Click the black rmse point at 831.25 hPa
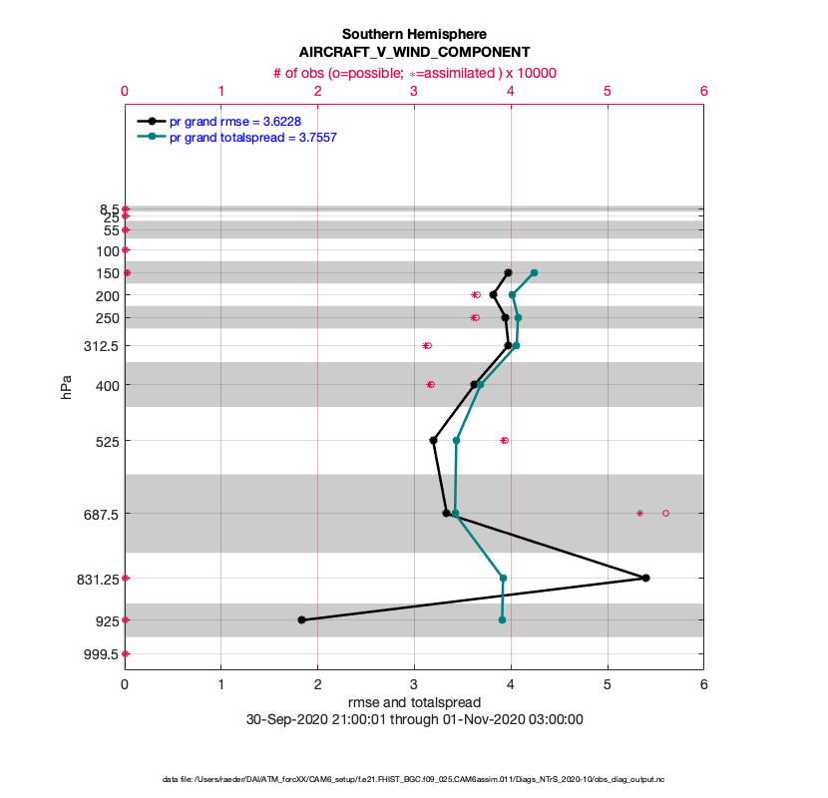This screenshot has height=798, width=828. pos(646,578)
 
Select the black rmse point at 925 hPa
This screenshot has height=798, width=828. pos(301,619)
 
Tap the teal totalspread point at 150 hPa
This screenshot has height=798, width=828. pos(535,272)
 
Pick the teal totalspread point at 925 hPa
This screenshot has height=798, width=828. pos(502,619)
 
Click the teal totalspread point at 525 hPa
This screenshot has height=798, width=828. pos(456,440)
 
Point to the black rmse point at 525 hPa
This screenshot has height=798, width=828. pos(433,440)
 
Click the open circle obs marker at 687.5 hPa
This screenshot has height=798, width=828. pos(665,513)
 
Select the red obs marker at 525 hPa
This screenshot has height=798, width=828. pos(504,440)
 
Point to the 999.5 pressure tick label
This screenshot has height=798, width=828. pos(102,654)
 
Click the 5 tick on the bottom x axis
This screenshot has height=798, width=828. pos(608,684)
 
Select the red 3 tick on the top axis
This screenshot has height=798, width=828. pos(414,91)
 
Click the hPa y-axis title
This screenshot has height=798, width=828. pos(67,387)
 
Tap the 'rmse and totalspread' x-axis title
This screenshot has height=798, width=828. pos(414,702)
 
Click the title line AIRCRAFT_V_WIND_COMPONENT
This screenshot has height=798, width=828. pos(414,52)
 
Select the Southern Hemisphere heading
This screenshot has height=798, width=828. pos(414,34)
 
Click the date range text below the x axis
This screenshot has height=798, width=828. pos(414,719)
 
